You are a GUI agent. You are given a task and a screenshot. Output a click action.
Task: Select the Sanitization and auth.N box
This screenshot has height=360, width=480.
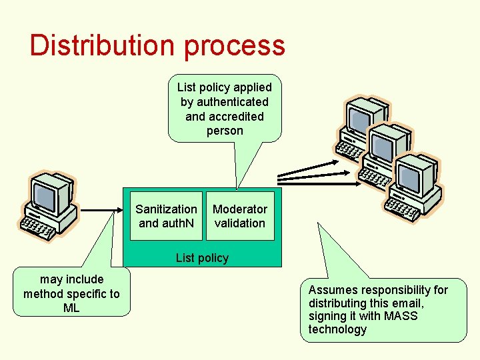pyautogui.click(x=166, y=216)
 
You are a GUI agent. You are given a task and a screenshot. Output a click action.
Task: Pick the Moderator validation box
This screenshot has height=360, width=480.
pyautogui.click(x=240, y=216)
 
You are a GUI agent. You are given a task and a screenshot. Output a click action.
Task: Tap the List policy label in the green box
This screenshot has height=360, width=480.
pyautogui.click(x=202, y=258)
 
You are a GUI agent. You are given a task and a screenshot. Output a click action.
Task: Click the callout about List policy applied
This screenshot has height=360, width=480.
pyautogui.click(x=225, y=109)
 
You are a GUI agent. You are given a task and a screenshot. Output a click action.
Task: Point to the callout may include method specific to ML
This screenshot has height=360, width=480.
pyautogui.click(x=72, y=293)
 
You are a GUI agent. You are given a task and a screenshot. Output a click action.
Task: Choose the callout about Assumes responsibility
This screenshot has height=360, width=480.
pyautogui.click(x=383, y=309)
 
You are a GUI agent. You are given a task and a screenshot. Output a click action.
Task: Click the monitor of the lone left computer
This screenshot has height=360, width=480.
pyautogui.click(x=51, y=193)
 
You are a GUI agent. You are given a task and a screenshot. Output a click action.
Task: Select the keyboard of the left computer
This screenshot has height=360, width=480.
pyautogui.click(x=40, y=228)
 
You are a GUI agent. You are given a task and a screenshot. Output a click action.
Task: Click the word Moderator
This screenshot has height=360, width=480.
pyautogui.click(x=240, y=209)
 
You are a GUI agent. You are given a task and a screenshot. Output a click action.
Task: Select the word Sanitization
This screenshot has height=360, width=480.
pyautogui.click(x=166, y=209)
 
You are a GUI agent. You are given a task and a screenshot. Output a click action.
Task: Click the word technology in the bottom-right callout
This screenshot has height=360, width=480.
pyautogui.click(x=337, y=329)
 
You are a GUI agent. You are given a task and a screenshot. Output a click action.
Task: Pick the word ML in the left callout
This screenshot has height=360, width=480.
pyautogui.click(x=71, y=308)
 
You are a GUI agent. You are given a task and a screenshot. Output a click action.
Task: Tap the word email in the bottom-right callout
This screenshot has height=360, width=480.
pyautogui.click(x=405, y=303)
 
